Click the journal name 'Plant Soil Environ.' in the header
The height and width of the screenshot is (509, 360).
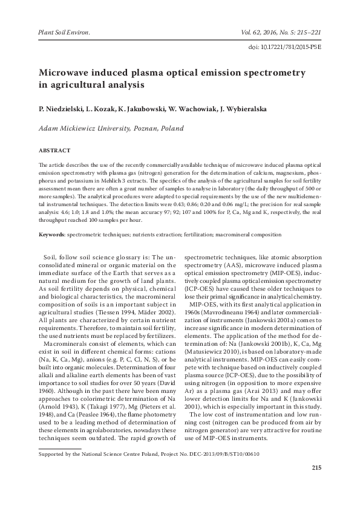click(64, 29)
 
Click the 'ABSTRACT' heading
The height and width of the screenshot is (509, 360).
click(54, 149)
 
